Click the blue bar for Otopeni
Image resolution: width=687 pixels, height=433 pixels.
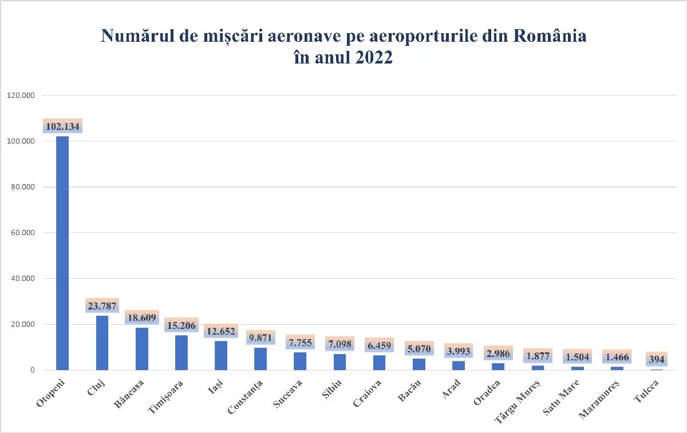pos(62,253)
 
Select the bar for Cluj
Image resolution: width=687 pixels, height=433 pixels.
pos(102,343)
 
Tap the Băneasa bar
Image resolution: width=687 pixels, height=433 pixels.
pos(141,349)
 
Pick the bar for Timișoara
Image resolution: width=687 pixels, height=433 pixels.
pos(181,352)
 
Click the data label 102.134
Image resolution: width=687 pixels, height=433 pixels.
pos(62,126)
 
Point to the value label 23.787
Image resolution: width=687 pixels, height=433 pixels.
pos(102,307)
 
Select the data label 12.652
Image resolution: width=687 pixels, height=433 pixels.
pos(221,331)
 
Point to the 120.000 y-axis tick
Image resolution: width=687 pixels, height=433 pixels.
pos(21,95)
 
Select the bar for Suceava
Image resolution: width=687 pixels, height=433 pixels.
pos(300,361)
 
